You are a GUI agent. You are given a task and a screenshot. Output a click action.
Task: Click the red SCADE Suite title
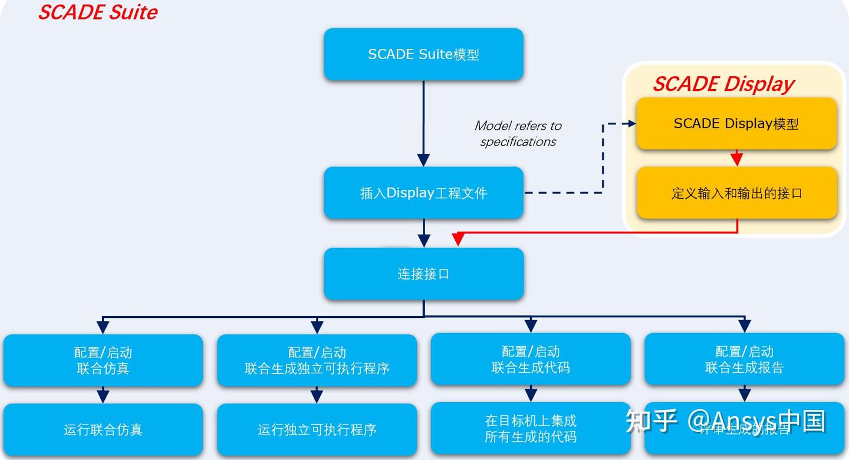point(97,12)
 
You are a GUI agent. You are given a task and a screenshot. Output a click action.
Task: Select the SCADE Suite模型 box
point(423,54)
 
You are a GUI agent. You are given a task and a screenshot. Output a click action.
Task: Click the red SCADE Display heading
point(723,84)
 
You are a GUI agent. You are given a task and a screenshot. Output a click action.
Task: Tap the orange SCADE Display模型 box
point(736,124)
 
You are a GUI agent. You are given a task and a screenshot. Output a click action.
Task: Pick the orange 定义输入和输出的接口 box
point(736,193)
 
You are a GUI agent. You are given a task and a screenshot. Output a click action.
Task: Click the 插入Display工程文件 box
point(423,193)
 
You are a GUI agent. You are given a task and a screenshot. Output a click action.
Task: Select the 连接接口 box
point(423,274)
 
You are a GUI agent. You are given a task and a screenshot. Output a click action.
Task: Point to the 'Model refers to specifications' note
point(518,133)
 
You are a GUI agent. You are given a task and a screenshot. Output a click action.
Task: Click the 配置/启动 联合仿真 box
point(103,360)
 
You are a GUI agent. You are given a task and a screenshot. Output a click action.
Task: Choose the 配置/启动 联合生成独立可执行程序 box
point(317,360)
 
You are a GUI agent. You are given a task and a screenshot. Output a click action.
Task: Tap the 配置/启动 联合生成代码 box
point(531,360)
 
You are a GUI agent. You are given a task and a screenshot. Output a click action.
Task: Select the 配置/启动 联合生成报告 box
point(744,360)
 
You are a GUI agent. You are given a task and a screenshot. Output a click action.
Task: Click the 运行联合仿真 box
point(103,429)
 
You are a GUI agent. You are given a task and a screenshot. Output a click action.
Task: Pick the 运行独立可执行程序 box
point(317,429)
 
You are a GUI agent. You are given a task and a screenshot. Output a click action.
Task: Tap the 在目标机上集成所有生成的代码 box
point(531,429)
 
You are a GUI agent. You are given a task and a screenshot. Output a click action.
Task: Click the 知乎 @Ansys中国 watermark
point(725,421)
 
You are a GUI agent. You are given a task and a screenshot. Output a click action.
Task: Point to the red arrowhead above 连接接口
point(458,239)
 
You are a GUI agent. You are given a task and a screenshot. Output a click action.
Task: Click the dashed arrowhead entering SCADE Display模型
point(631,124)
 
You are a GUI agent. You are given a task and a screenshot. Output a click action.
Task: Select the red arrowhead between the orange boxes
point(736,159)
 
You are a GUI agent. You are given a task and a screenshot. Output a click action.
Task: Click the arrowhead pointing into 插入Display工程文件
point(423,160)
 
